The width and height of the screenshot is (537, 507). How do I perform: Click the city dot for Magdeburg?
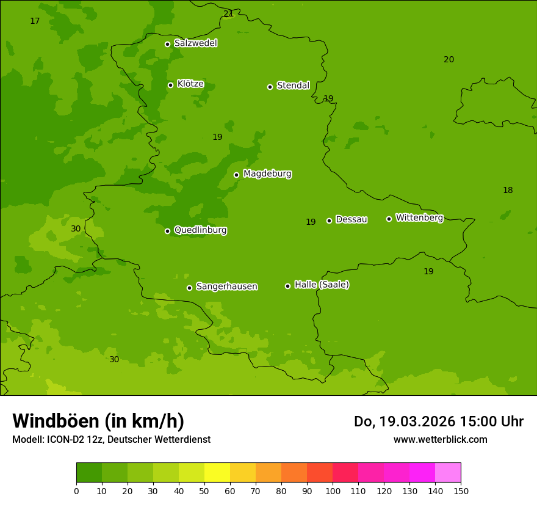click(x=236, y=175)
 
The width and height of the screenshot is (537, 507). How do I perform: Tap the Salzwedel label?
click(x=195, y=43)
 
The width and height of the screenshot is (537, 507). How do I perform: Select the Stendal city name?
click(x=294, y=86)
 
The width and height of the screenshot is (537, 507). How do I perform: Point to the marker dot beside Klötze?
click(x=170, y=85)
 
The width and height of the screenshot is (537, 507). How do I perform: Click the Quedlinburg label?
click(x=200, y=230)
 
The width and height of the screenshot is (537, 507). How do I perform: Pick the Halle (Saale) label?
click(x=322, y=285)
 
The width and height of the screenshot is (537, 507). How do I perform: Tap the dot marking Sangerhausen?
click(x=189, y=288)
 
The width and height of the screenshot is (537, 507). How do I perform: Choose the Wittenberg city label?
click(x=419, y=217)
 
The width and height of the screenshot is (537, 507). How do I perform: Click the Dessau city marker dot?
click(x=329, y=221)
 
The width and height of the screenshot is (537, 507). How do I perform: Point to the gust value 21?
click(x=228, y=13)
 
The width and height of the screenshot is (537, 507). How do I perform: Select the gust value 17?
click(x=35, y=21)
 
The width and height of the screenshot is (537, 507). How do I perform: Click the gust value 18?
click(x=508, y=191)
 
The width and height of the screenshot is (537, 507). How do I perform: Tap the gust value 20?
click(x=449, y=60)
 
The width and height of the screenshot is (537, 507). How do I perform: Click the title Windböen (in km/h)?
click(x=98, y=421)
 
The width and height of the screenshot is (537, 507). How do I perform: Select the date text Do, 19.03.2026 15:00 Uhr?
click(x=438, y=421)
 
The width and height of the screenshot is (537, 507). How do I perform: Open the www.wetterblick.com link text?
click(x=440, y=440)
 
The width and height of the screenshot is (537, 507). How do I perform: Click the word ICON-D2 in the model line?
click(x=65, y=440)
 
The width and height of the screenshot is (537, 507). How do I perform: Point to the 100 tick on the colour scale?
click(x=333, y=491)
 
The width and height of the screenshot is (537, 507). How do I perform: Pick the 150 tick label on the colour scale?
click(x=461, y=491)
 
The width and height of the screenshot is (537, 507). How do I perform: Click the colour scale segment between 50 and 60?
click(x=217, y=473)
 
